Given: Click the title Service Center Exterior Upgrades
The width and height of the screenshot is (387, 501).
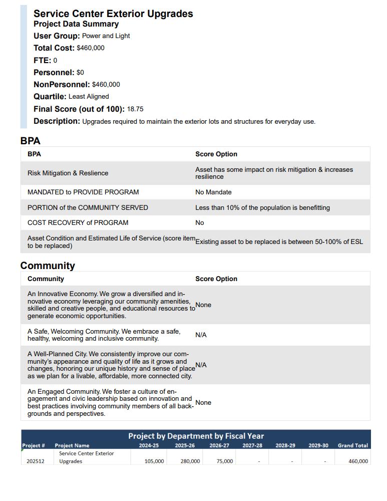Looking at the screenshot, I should (113, 14).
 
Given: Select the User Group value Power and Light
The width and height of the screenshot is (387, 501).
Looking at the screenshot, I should (106, 36).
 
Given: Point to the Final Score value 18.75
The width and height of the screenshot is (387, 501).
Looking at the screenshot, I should (135, 109).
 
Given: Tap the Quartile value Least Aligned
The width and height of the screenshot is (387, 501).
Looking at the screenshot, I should (89, 97).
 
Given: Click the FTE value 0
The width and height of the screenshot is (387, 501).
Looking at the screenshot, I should (55, 61).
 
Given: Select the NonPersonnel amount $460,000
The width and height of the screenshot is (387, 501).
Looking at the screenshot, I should (106, 85).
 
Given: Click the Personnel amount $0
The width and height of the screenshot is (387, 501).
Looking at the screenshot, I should (80, 73).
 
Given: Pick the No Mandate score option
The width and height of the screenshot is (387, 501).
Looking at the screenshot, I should (213, 192).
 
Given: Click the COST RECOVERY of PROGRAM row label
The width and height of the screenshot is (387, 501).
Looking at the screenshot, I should (78, 223).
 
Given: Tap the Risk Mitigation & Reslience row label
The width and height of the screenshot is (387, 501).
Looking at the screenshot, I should (68, 173).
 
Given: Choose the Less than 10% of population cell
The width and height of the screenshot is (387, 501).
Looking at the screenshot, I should (262, 208).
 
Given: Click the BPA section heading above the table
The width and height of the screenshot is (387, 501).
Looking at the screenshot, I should (30, 141).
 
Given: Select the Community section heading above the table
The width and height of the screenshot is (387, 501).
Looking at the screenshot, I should (48, 266).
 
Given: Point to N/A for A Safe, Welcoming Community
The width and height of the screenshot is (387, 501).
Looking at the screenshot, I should (201, 335).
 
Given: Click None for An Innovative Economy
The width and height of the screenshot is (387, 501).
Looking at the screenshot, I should (203, 305).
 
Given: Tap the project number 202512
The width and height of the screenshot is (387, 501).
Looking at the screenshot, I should (36, 461).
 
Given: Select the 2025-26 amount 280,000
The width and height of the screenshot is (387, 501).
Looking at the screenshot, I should (190, 461).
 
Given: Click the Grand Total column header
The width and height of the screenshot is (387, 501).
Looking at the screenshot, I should (352, 445).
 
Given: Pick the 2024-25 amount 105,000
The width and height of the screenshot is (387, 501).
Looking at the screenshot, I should (154, 461).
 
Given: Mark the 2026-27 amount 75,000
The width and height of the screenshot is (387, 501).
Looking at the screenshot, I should (225, 461).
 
